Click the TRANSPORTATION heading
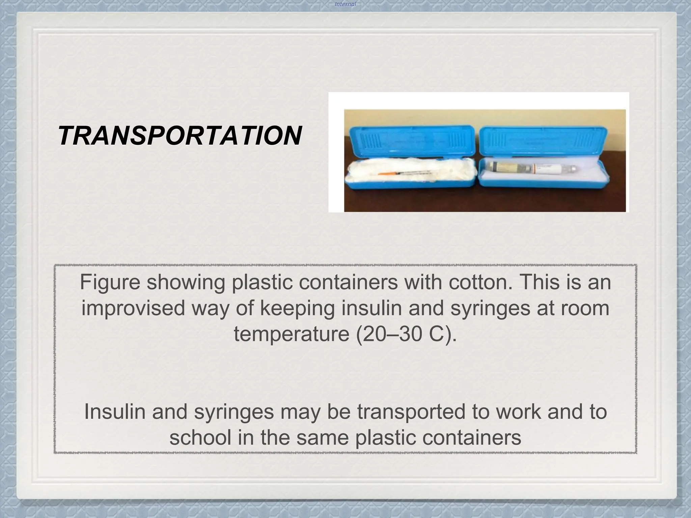point(180,136)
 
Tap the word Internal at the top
point(345,4)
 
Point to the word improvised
point(133,308)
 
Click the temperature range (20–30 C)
point(406,334)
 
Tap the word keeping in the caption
point(297,308)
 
